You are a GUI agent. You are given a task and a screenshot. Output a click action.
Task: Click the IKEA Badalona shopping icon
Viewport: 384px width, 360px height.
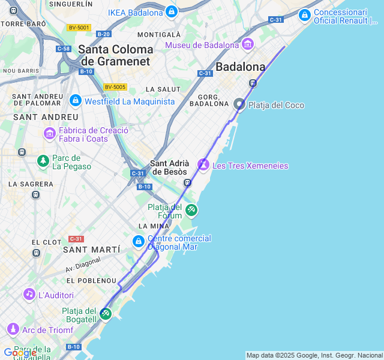[x=172, y=12]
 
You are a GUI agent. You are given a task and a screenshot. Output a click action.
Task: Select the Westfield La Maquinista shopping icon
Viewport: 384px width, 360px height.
[x=75, y=101]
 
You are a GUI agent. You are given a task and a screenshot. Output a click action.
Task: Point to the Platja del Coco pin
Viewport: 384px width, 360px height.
[x=239, y=104]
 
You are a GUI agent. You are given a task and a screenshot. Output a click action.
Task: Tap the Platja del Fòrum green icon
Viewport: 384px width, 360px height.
[x=191, y=210]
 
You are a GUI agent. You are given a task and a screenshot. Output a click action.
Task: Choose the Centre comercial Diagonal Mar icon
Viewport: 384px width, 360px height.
[x=139, y=241]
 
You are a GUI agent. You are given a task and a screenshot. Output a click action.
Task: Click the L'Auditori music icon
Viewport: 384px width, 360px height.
[x=29, y=294]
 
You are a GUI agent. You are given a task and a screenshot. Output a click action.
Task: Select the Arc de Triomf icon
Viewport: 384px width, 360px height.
[x=13, y=329]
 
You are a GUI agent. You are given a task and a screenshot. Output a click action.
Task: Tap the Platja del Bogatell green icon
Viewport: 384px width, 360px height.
[x=106, y=313]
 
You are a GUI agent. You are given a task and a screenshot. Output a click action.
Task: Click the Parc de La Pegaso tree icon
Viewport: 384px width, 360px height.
[x=43, y=160]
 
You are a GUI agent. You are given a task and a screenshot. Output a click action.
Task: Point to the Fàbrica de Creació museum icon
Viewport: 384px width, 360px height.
[x=50, y=133]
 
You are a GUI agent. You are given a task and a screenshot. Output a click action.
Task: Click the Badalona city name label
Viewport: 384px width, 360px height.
[x=240, y=66]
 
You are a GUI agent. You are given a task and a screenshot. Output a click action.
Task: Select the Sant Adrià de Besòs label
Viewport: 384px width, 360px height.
[x=170, y=167]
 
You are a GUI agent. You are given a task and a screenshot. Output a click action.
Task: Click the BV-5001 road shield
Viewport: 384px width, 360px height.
[x=79, y=28]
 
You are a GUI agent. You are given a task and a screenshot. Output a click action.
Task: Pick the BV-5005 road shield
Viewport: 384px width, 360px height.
[x=115, y=87]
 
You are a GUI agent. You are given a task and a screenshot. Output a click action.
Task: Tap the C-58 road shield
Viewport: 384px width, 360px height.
[x=63, y=48]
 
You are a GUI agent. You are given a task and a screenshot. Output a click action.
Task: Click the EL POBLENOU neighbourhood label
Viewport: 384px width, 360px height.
[x=91, y=280]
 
